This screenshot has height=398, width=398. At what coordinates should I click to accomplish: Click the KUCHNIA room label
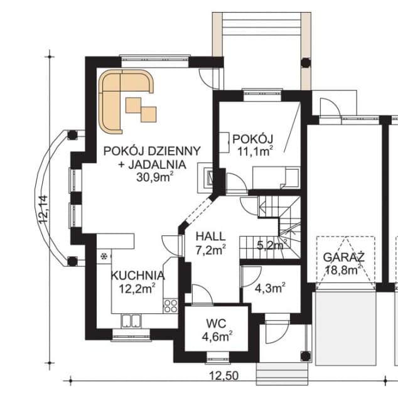pyautogui.click(x=138, y=276)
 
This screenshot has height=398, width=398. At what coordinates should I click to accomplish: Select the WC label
pyautogui.click(x=216, y=324)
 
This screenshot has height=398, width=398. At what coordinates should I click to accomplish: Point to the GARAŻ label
pyautogui.click(x=343, y=257)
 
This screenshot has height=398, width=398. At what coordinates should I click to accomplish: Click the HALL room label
pyautogui.click(x=211, y=237)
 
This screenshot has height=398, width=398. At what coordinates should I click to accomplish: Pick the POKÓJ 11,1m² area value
pyautogui.click(x=255, y=151)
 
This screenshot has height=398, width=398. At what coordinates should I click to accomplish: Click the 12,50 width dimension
pyautogui.click(x=224, y=376)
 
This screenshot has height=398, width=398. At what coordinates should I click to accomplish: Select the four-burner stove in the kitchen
pyautogui.click(x=171, y=306)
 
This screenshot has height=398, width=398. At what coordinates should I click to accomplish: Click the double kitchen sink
pyautogui.click(x=131, y=321)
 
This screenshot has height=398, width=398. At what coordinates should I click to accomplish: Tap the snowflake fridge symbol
pyautogui.click(x=104, y=257)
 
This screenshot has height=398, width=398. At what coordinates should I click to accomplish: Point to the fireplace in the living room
pyautogui.click(x=205, y=177)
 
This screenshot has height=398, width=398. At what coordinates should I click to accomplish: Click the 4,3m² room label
pyautogui.click(x=270, y=289)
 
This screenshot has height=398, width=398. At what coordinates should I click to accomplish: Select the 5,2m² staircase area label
pyautogui.click(x=272, y=245)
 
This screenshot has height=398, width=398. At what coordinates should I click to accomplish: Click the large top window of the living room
pyautogui.click(x=155, y=62)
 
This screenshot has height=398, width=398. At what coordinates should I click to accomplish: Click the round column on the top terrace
pyautogui.click(x=306, y=62)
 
